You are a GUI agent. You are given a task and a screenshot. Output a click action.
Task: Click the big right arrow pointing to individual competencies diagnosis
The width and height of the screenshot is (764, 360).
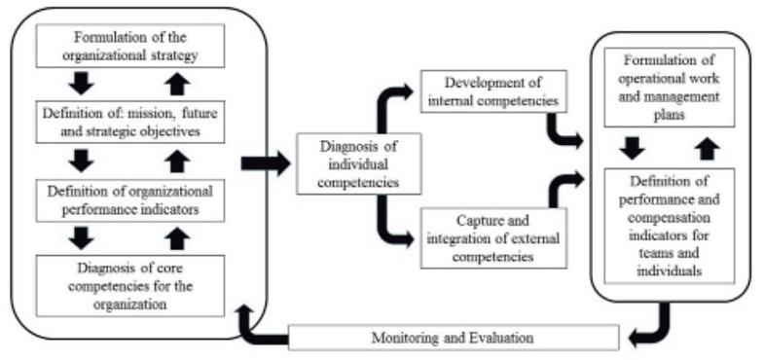point(270,161)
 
